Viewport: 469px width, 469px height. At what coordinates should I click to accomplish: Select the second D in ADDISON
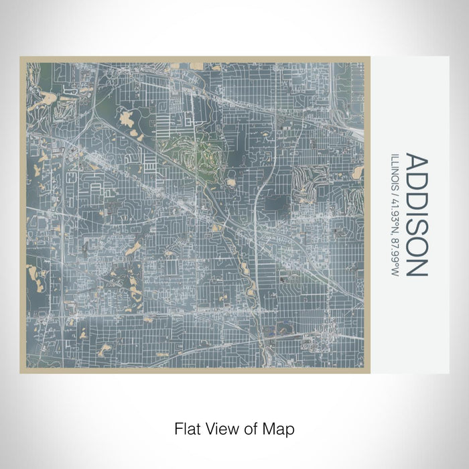(x=417, y=198)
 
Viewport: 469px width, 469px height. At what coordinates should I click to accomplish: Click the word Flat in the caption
(x=187, y=427)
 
